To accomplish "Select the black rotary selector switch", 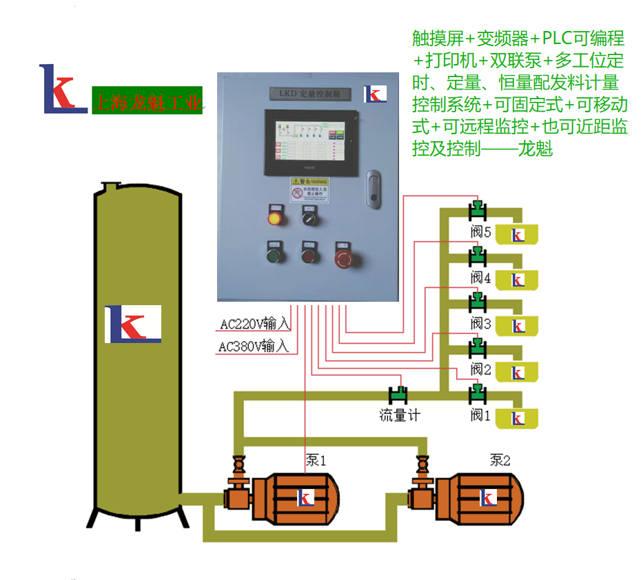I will [x=309, y=218].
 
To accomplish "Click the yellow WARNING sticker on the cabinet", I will [x=309, y=189].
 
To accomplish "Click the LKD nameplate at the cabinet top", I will [x=310, y=93].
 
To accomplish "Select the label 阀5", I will [x=480, y=232].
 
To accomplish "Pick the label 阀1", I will [x=480, y=415].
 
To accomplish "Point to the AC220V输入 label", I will [x=254, y=323].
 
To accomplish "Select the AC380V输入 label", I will [x=254, y=346].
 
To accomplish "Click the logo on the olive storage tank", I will [x=133, y=324].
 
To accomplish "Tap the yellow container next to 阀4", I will [x=516, y=280].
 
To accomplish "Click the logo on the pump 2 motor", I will [x=487, y=497].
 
